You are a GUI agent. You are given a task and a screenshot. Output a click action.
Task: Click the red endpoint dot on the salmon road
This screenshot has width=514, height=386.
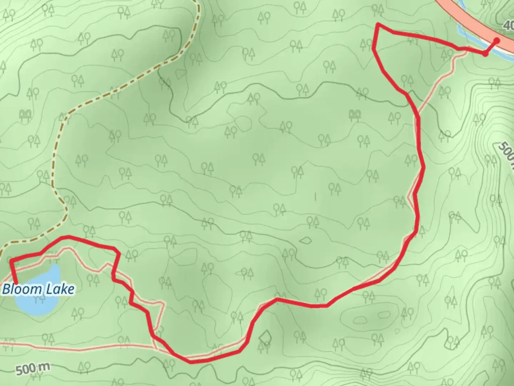[497, 40]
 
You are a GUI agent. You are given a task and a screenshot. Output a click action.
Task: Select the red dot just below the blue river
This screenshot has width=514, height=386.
[485, 54]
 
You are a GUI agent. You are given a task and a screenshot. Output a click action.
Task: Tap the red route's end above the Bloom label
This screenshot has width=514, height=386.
[16, 283]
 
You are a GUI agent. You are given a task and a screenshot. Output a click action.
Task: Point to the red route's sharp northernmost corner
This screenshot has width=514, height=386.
[378, 24]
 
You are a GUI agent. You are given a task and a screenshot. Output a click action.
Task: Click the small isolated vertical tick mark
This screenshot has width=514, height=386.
[315, 196]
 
